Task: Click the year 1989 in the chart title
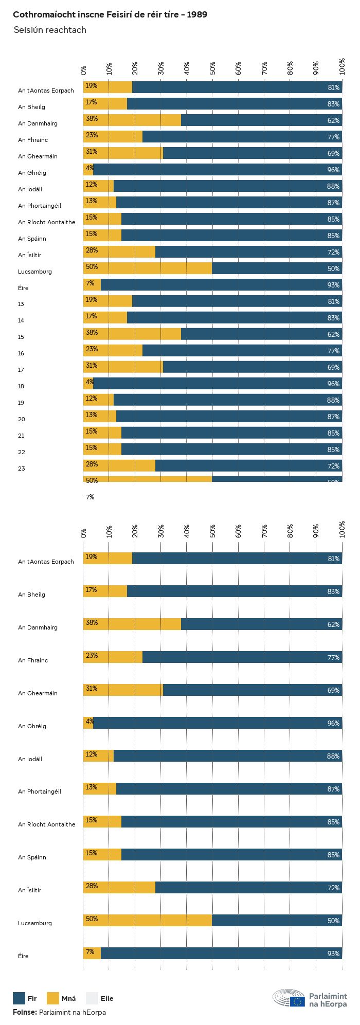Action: (197, 14)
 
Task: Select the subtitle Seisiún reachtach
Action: (50, 30)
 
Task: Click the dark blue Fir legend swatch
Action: (19, 998)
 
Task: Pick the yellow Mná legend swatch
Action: (53, 998)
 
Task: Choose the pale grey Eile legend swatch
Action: (92, 998)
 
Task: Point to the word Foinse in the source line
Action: (25, 1012)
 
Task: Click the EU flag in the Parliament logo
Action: (297, 1001)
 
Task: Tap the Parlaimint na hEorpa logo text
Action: (328, 1000)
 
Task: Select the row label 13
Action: (21, 304)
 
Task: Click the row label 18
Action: (21, 386)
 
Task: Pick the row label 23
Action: (21, 469)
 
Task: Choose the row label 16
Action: (21, 353)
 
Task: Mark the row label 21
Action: (21, 436)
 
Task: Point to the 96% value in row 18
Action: (333, 384)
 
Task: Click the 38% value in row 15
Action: (92, 332)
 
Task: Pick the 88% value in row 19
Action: (333, 400)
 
